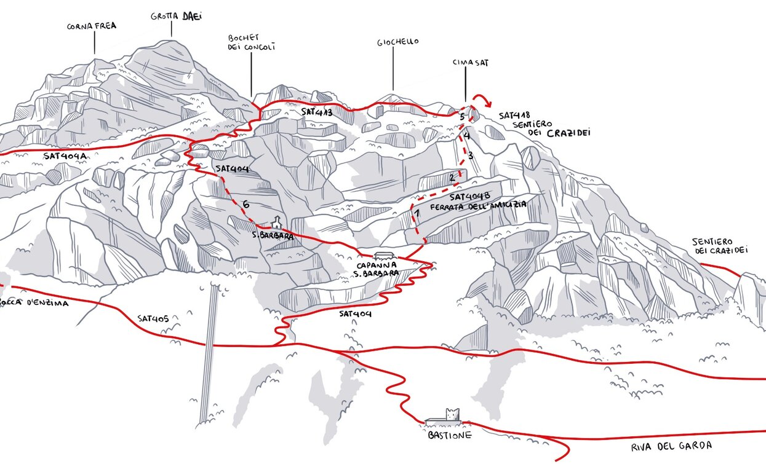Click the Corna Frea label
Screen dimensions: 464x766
point(92,26)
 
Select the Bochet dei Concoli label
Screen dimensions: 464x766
point(251,42)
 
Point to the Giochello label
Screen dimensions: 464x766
point(397,42)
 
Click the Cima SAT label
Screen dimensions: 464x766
point(470,62)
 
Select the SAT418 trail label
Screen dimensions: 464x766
point(515,115)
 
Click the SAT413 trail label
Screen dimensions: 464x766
point(317,112)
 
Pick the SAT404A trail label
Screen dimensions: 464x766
point(65,156)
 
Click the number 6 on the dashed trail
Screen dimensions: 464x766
point(246,204)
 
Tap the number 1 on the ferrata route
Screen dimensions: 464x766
point(417,213)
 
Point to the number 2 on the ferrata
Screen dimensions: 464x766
point(452,178)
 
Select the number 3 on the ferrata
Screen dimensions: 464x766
point(470,155)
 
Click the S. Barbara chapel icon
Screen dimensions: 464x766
point(277,222)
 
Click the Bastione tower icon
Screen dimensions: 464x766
point(453,415)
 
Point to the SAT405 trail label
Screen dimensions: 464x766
point(158,318)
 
